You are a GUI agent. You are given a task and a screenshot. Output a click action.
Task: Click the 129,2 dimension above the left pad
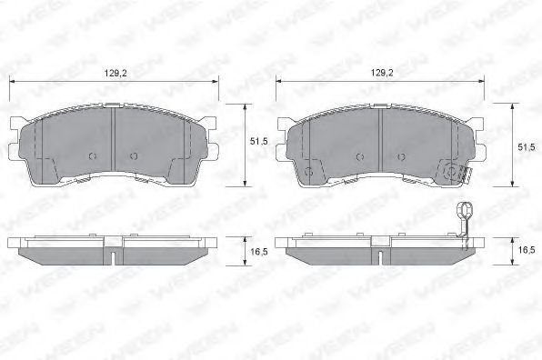coord(115,73)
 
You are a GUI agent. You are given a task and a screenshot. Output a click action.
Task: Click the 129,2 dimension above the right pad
coord(382,73)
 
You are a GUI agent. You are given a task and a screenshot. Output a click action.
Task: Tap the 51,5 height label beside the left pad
coord(258,141)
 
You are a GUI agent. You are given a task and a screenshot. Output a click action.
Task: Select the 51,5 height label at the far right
coord(527,147)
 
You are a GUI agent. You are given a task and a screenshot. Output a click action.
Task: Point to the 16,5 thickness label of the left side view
coord(259,252)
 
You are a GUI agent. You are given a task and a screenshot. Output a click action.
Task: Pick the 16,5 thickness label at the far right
coord(527,249)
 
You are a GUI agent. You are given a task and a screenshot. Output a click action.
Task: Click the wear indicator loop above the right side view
coord(464,210)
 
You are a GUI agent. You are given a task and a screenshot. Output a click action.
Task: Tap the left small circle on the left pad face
coord(93,156)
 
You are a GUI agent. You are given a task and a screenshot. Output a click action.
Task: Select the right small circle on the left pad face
coord(134,156)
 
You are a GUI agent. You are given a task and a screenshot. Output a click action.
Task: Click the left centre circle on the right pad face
coord(360,157)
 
